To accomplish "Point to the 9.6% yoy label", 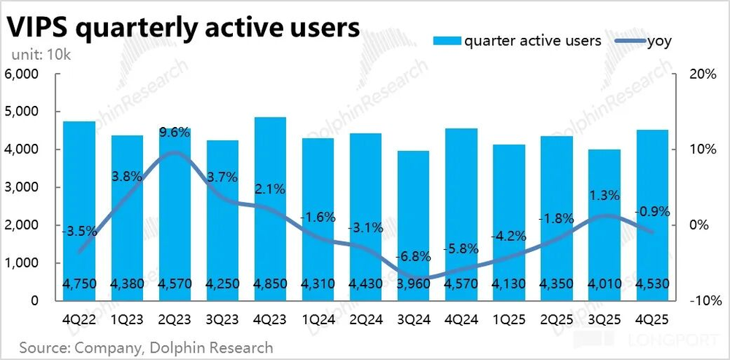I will pos(174,133).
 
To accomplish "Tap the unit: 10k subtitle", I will pos(39,55).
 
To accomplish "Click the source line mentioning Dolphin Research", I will pos(146,348).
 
